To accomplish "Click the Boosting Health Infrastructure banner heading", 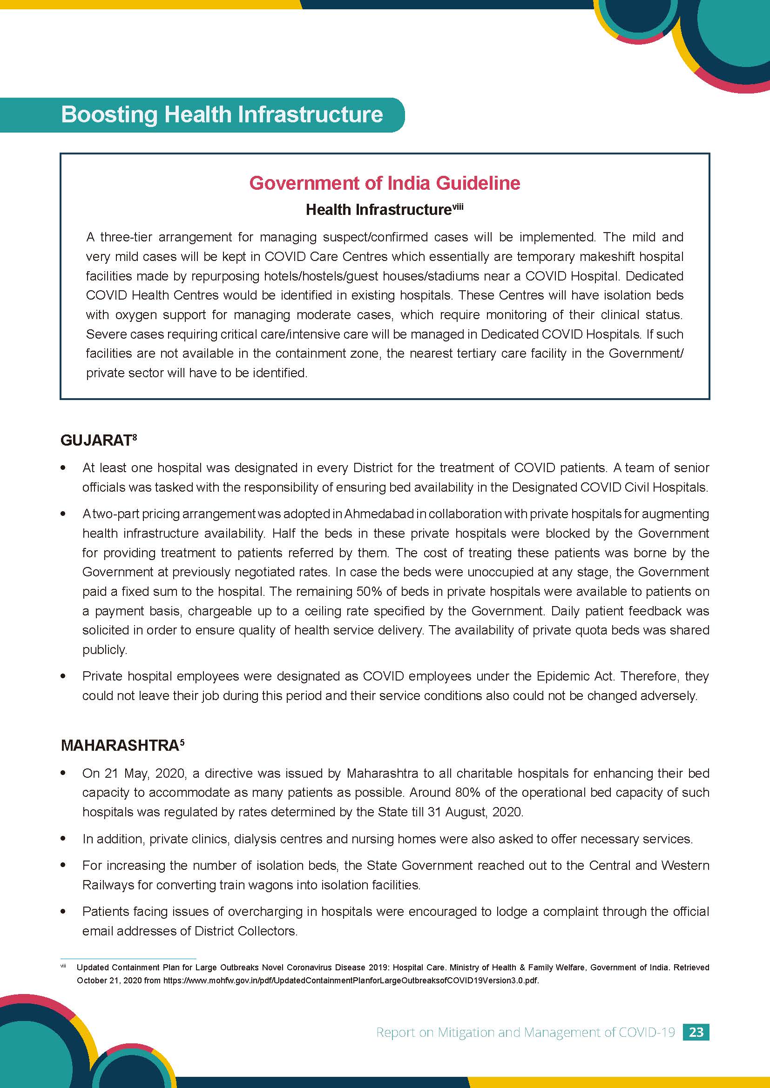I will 222,115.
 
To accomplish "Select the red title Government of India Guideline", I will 385,183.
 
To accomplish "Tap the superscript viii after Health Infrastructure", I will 457,206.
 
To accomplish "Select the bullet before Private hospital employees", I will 63,677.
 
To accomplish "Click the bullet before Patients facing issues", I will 63,912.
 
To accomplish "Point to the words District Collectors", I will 244,931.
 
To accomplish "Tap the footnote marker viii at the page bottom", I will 63,966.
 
